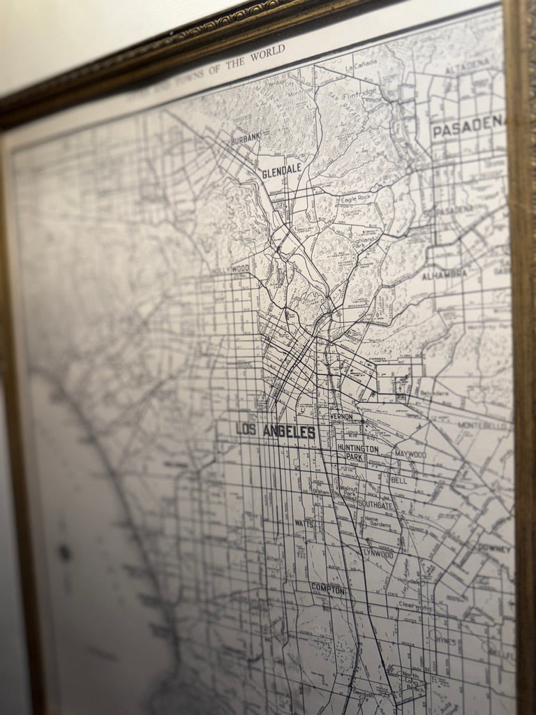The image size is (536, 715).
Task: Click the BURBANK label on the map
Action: click(246, 138)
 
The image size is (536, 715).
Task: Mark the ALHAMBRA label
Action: click(445, 272)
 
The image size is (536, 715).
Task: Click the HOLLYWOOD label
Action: click(230, 269)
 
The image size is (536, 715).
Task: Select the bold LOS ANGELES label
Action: click(276, 432)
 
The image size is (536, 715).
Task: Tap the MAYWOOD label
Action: click(410, 455)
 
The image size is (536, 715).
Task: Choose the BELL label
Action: click(399, 480)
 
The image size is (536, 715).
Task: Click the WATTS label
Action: click(304, 522)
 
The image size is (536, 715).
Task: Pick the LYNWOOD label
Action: click(378, 553)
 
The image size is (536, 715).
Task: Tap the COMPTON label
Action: click(327, 589)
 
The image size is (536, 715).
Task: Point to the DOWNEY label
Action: click(495, 548)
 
